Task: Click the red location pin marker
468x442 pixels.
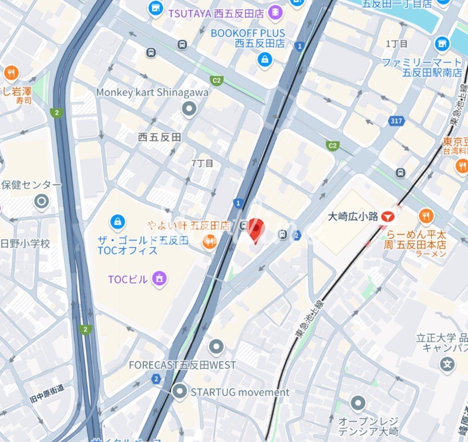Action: tap(256, 229)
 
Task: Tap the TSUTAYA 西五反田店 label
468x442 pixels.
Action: tap(216, 14)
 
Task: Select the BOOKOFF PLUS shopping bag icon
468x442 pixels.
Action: tap(264, 60)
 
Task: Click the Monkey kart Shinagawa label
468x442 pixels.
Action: tap(152, 92)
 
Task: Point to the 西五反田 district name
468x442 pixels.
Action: tap(160, 137)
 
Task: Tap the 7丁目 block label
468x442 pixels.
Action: tap(202, 163)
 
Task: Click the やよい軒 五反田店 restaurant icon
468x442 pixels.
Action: tap(209, 241)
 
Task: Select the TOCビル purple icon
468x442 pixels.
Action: tap(159, 278)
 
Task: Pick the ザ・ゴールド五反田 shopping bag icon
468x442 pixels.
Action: tap(117, 222)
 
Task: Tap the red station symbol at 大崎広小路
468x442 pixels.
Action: tap(388, 216)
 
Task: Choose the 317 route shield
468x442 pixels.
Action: tap(396, 120)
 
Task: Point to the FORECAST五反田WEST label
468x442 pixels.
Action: tap(182, 365)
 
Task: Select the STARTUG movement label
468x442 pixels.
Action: tap(240, 392)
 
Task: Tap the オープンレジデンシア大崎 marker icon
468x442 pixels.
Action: tap(358, 403)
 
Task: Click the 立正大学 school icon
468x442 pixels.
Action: tap(448, 363)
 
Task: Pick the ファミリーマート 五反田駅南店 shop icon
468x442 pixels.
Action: tap(441, 44)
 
